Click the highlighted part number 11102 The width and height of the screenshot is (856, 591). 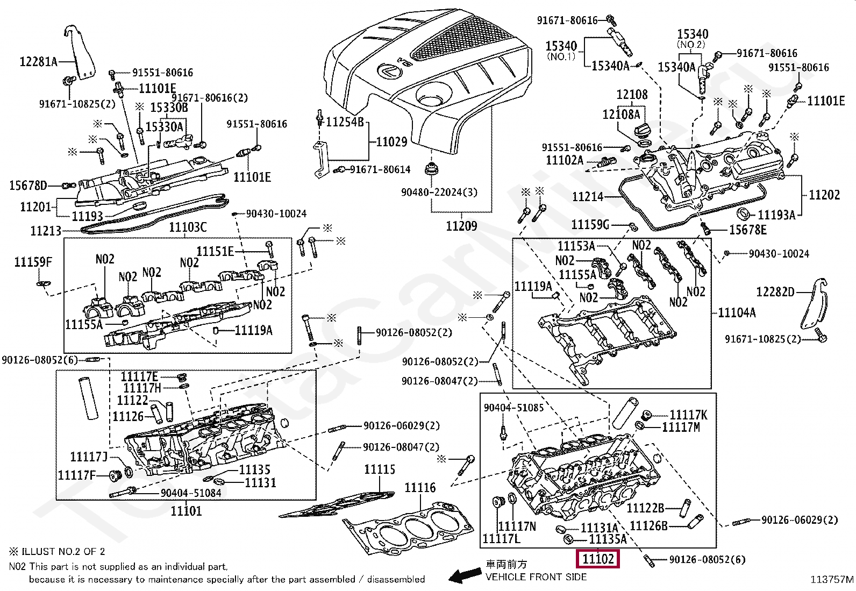pos(598,559)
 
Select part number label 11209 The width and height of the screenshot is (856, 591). pos(461,226)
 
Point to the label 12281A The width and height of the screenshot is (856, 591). pos(38,61)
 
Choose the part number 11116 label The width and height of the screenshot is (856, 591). pos(420,487)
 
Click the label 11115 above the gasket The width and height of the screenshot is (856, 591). pos(380,469)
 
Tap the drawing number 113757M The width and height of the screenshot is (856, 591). pos(832,580)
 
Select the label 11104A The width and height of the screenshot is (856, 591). pos(737,312)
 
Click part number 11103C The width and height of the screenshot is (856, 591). pos(188,227)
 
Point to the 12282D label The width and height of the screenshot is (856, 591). pos(775,292)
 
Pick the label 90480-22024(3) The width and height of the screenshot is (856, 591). pos(439,192)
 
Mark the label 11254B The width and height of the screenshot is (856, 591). pos(345,122)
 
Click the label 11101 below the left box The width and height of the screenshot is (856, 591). pos(186,511)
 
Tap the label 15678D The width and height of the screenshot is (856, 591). pos(28,186)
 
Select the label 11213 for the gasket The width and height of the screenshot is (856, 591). pos(46,231)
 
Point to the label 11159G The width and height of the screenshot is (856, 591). pos(590,224)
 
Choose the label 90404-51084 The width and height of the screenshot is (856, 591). pos(191,493)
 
